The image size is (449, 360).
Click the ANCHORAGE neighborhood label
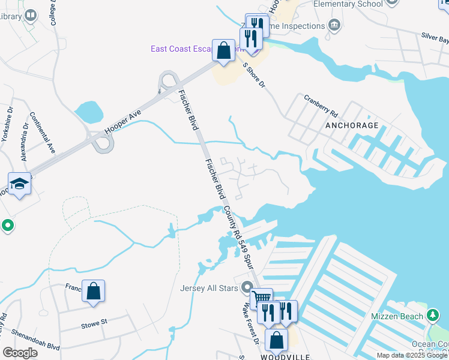(x=352, y=125)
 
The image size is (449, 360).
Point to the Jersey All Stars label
(x=209, y=287)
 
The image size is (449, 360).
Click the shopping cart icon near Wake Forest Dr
(x=261, y=298)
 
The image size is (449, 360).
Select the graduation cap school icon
(x=19, y=183)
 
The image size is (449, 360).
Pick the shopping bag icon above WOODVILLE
(x=276, y=340)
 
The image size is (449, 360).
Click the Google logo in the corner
(x=20, y=353)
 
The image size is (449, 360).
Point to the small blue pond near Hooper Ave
(x=89, y=111)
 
